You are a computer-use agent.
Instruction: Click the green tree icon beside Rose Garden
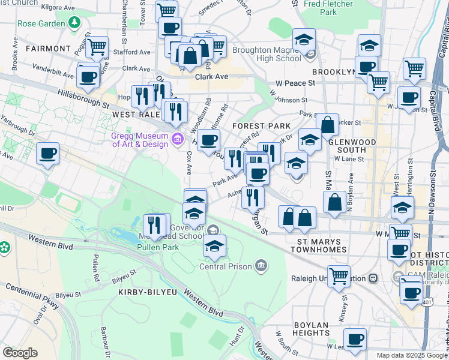[74, 23]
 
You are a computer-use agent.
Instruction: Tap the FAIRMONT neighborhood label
[48, 47]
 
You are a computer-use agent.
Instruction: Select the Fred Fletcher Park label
[328, 7]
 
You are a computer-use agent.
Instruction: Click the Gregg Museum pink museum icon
[177, 140]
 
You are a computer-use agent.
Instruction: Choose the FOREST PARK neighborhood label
[261, 126]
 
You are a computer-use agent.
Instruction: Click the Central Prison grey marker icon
[261, 265]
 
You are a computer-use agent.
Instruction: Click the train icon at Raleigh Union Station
[373, 278]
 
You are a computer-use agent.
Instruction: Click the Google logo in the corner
[20, 352]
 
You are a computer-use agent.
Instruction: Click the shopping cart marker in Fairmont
[96, 47]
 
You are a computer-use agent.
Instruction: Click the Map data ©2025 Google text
[411, 355]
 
